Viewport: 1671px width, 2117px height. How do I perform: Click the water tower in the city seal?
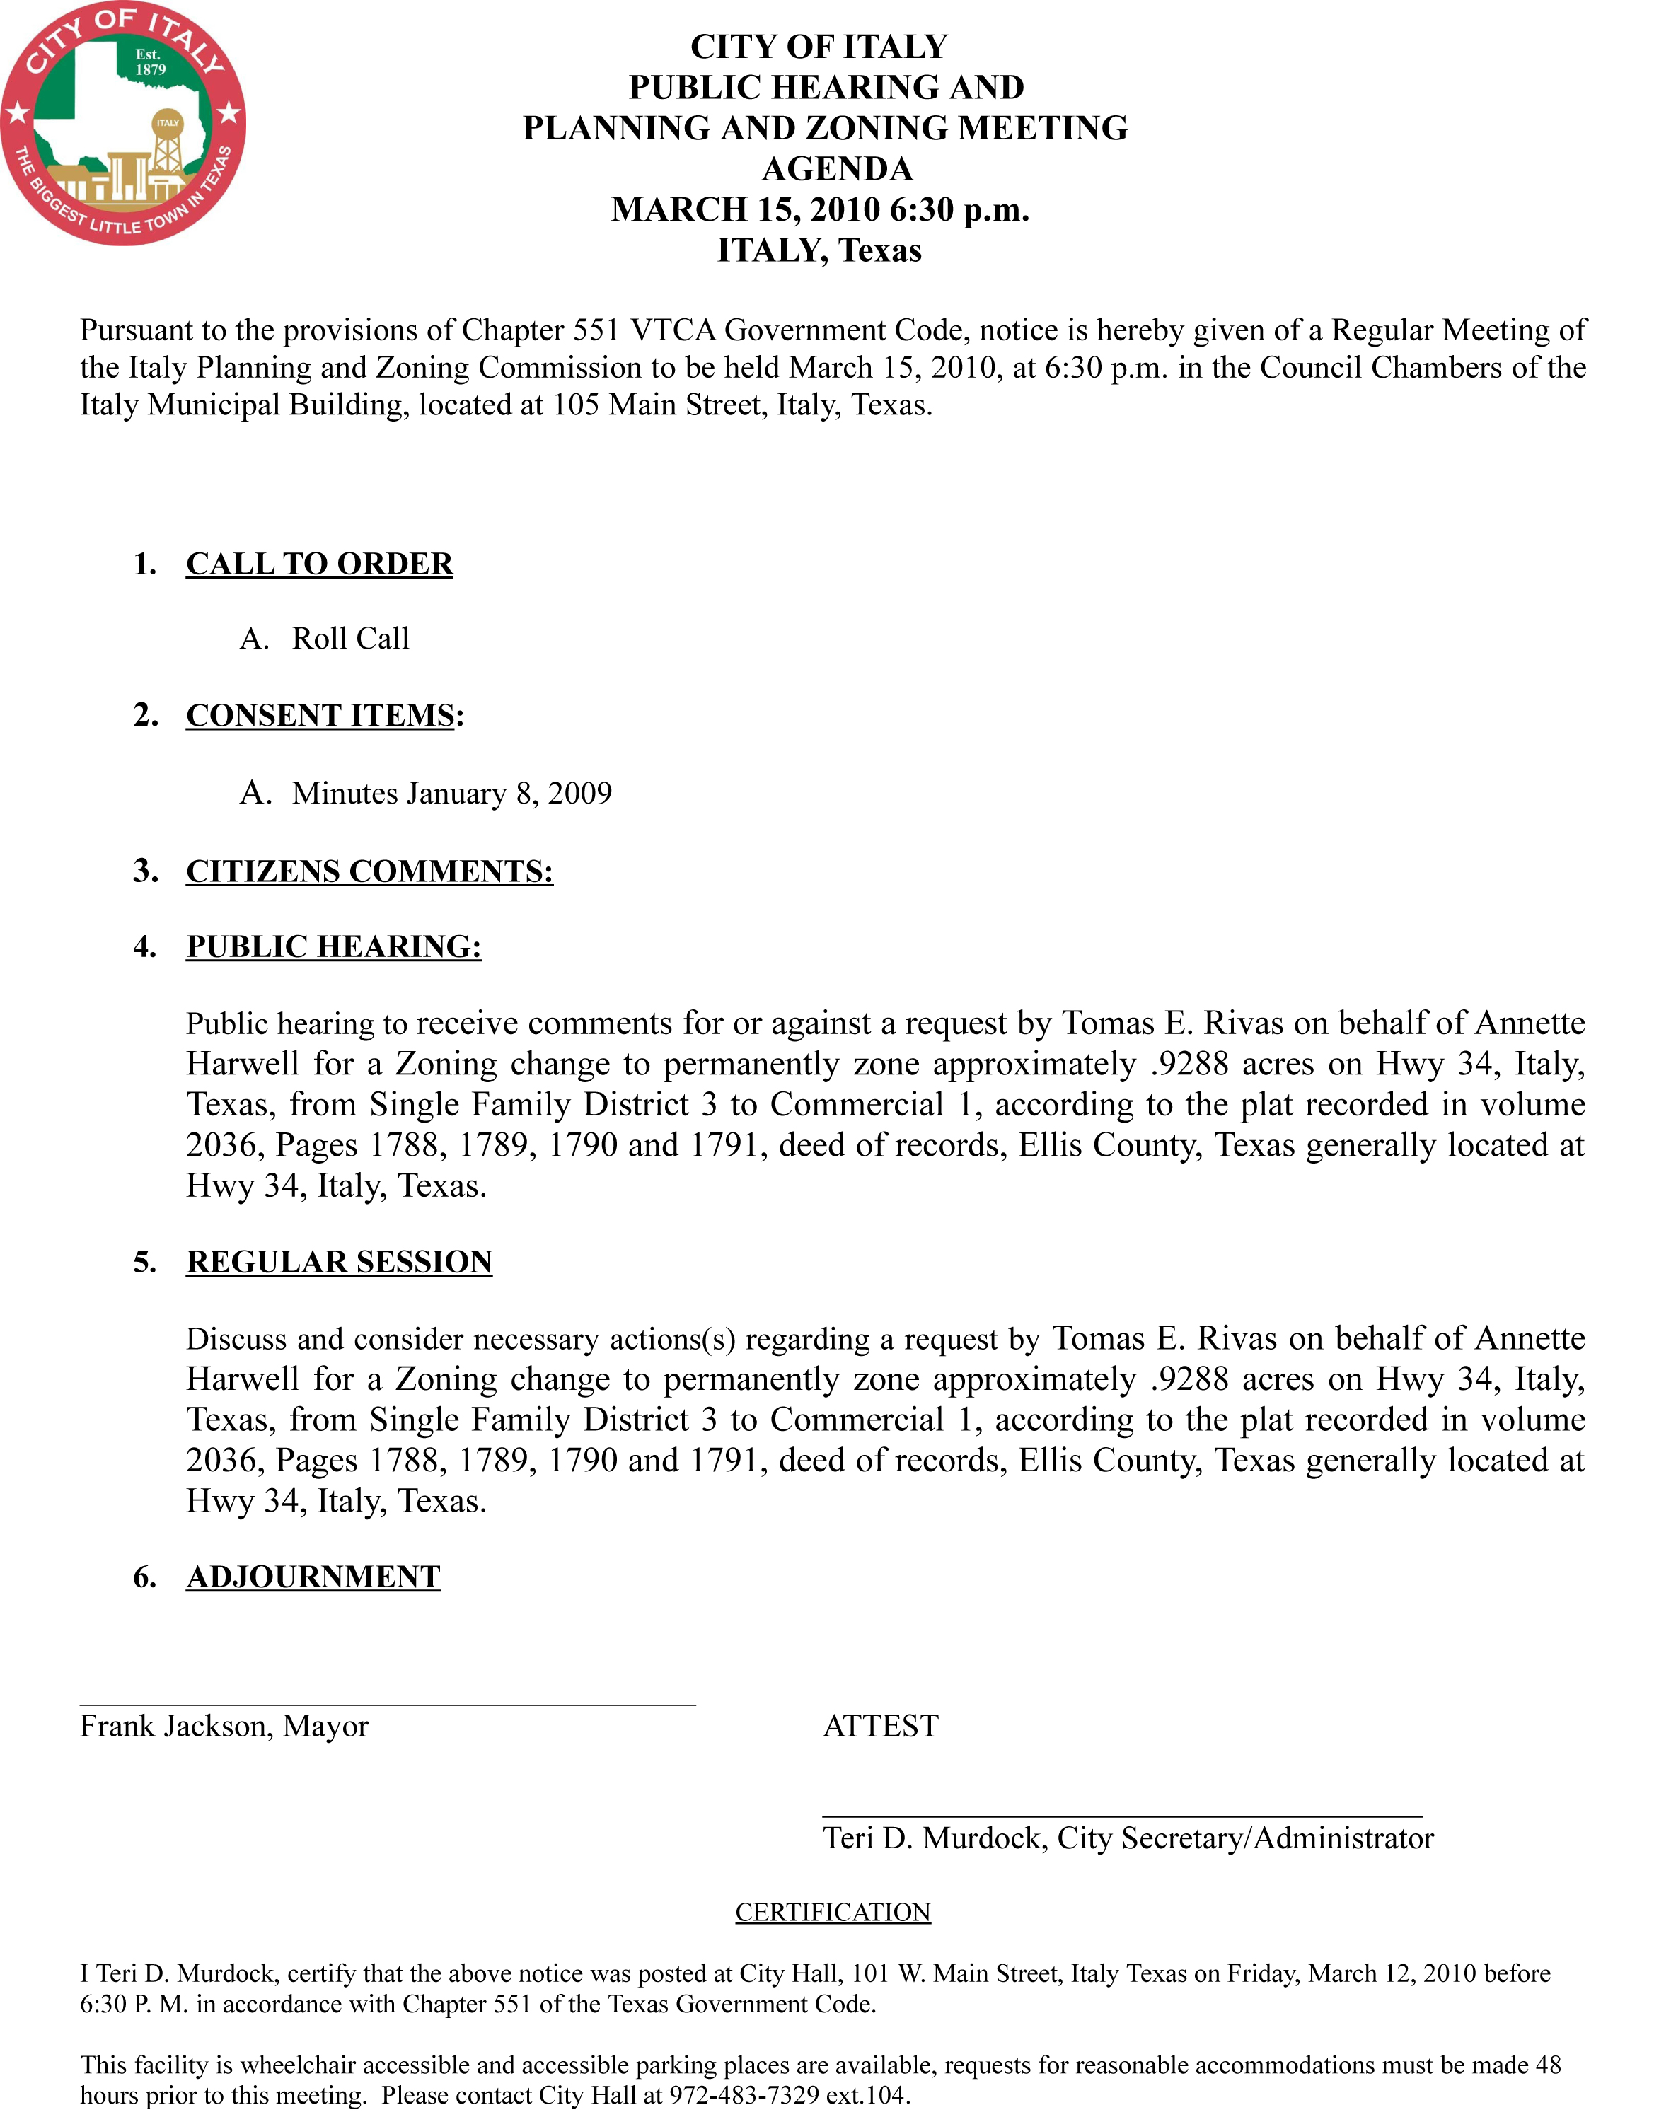(x=167, y=146)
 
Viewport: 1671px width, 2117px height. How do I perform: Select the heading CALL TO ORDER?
(x=319, y=564)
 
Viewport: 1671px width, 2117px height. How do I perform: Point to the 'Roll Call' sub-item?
(x=350, y=639)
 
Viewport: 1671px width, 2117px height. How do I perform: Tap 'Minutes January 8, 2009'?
(x=451, y=794)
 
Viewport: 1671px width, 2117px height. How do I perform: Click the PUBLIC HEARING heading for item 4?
(x=334, y=947)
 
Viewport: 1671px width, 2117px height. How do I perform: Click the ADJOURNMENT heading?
(x=313, y=1577)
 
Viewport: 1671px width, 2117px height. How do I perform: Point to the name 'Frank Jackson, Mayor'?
(x=224, y=1727)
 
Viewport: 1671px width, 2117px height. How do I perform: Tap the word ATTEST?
(x=881, y=1727)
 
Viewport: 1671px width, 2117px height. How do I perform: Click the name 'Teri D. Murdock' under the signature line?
(x=935, y=1839)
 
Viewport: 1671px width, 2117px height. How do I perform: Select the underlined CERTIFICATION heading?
(x=833, y=1913)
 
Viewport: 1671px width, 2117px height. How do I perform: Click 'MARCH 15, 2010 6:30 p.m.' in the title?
(x=820, y=209)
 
